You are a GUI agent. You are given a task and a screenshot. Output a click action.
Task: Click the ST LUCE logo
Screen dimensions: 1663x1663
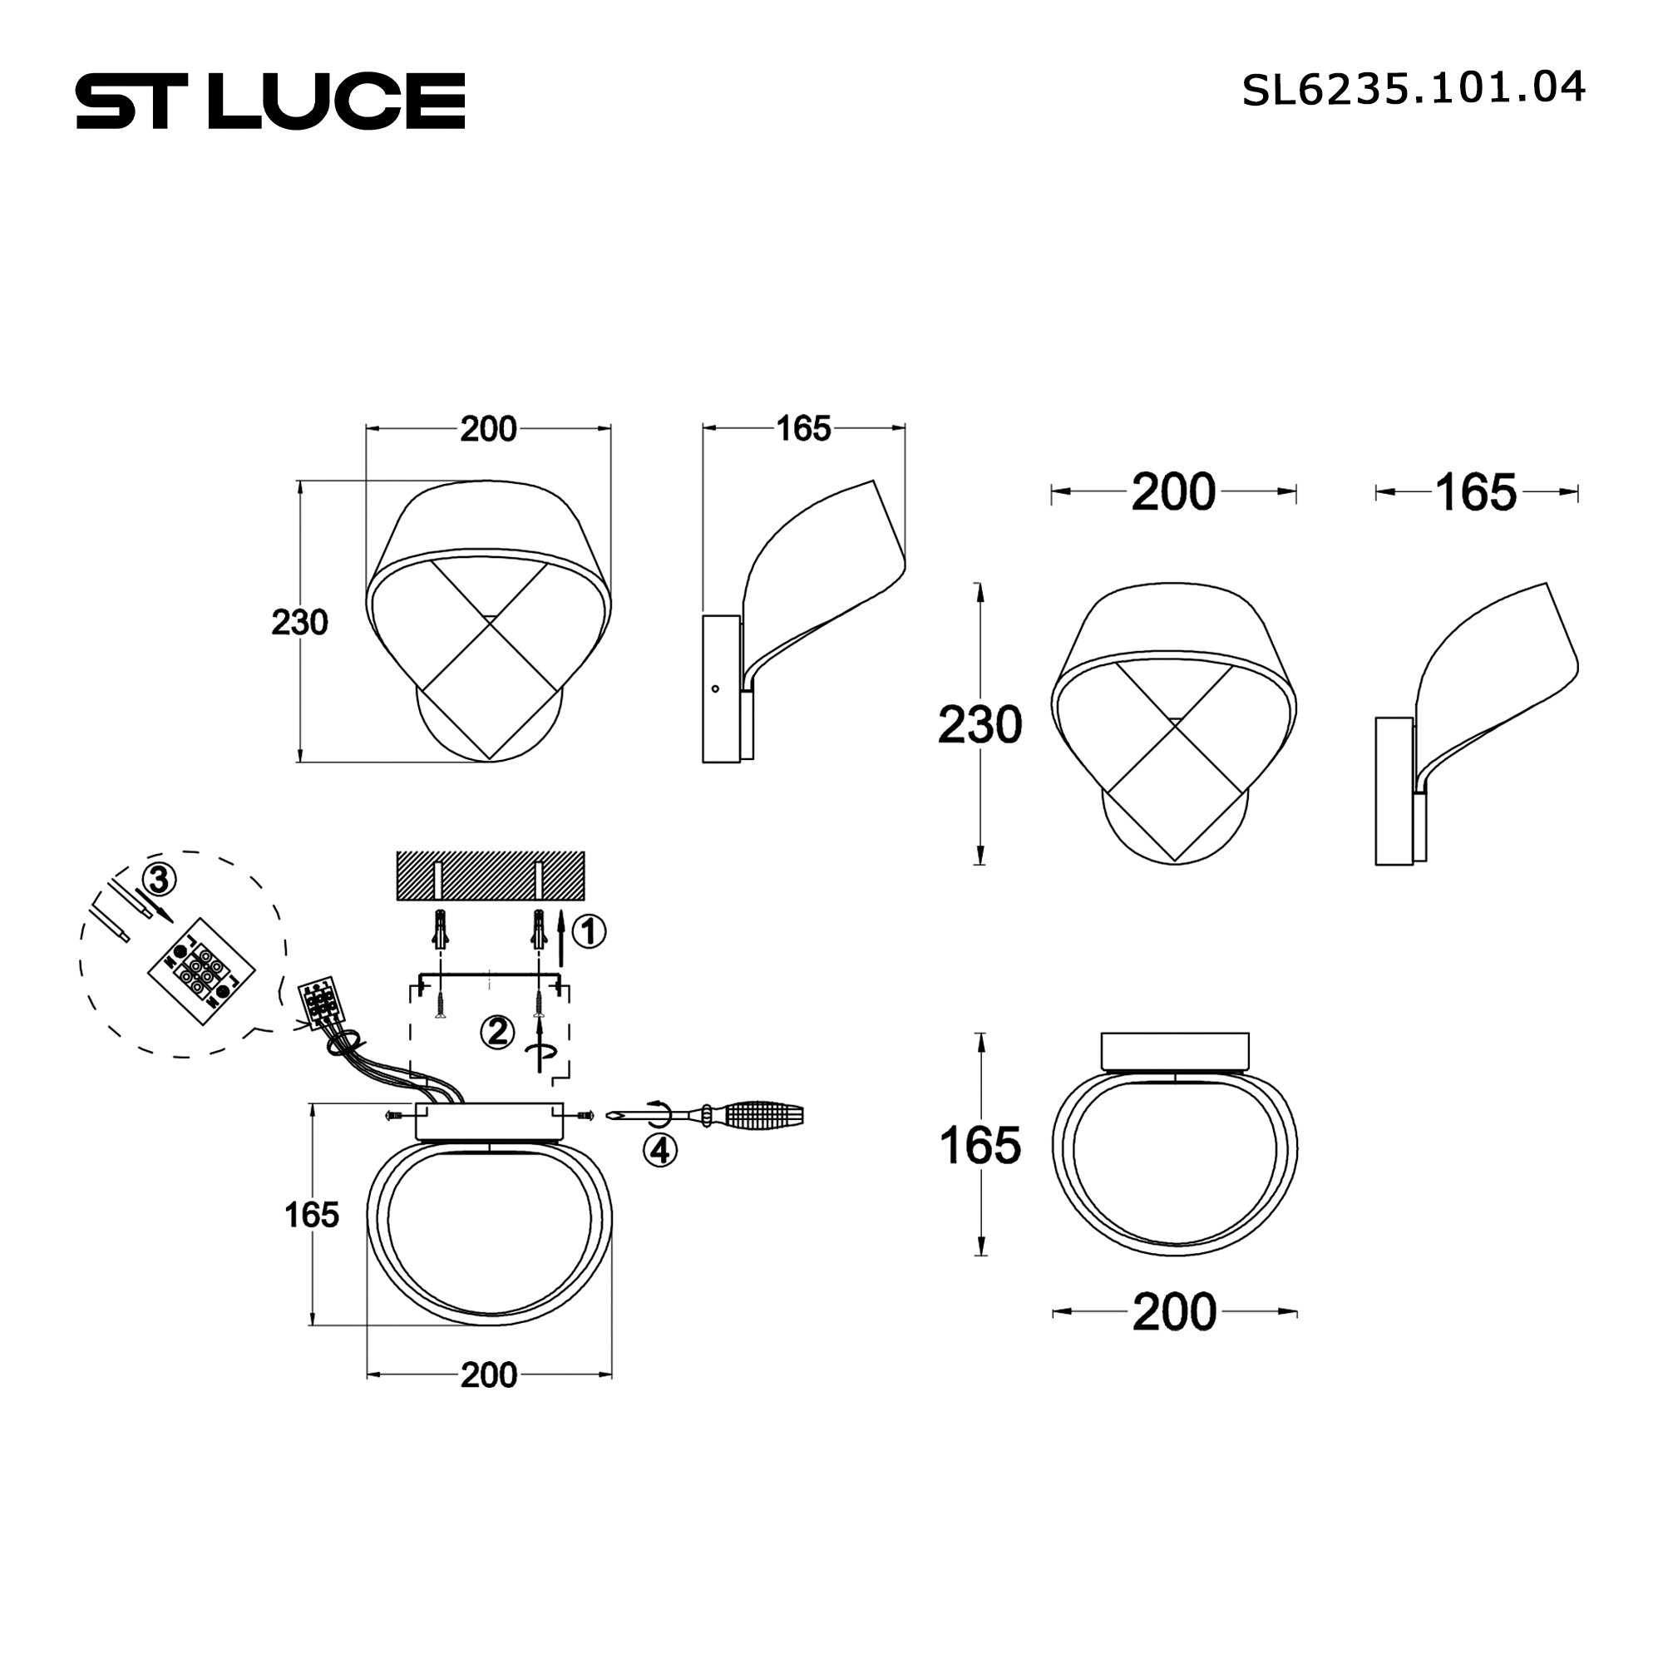coord(270,101)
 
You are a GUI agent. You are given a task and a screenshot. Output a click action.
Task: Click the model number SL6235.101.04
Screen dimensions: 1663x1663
coord(1414,89)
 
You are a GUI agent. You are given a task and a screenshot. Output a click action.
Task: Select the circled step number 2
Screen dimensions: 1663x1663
coord(497,1032)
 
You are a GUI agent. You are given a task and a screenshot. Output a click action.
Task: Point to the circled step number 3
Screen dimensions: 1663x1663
coord(158,880)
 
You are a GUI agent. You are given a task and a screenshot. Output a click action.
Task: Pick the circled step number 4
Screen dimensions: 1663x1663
coord(660,1150)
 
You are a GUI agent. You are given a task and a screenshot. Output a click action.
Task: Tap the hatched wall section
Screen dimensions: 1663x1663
coord(490,876)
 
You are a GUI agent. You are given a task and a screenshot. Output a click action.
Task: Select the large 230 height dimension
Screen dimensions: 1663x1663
coord(980,725)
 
